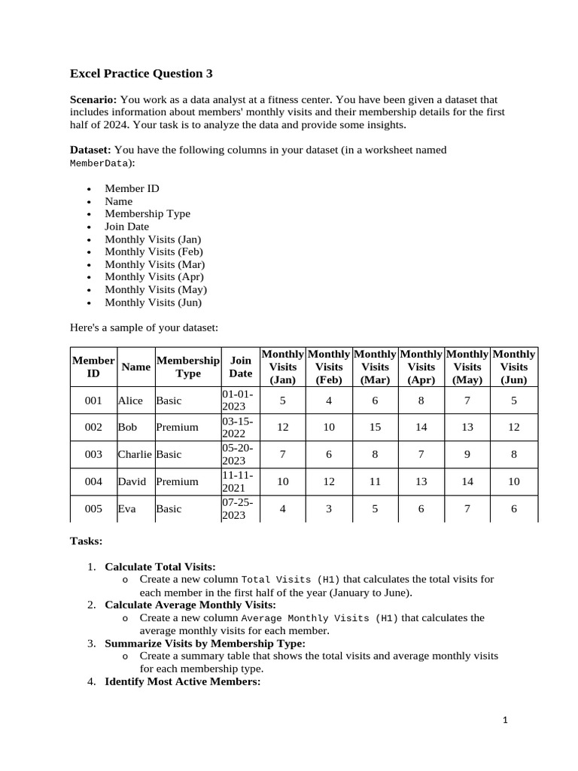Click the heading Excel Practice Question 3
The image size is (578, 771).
pyautogui.click(x=141, y=73)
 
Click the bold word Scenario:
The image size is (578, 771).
pyautogui.click(x=93, y=99)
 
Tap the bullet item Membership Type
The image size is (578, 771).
pyautogui.click(x=148, y=214)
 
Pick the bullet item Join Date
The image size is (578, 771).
pyautogui.click(x=126, y=227)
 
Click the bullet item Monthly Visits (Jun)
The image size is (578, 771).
pyautogui.click(x=153, y=303)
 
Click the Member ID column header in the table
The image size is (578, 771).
pyautogui.click(x=93, y=367)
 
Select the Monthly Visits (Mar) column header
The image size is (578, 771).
pyautogui.click(x=375, y=367)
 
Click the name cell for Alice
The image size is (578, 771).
pyautogui.click(x=130, y=401)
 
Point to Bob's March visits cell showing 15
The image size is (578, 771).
pyautogui.click(x=375, y=427)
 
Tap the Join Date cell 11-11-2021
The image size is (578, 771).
pyautogui.click(x=239, y=481)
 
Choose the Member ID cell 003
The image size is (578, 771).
pyautogui.click(x=93, y=455)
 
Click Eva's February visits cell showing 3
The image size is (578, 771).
pyautogui.click(x=329, y=509)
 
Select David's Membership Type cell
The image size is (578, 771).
pyautogui.click(x=177, y=482)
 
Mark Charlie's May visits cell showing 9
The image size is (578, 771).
pyautogui.click(x=467, y=455)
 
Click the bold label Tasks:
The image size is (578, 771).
pyautogui.click(x=86, y=541)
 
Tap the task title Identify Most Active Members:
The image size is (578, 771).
pyautogui.click(x=182, y=681)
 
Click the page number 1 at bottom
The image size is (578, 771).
pyautogui.click(x=506, y=721)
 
